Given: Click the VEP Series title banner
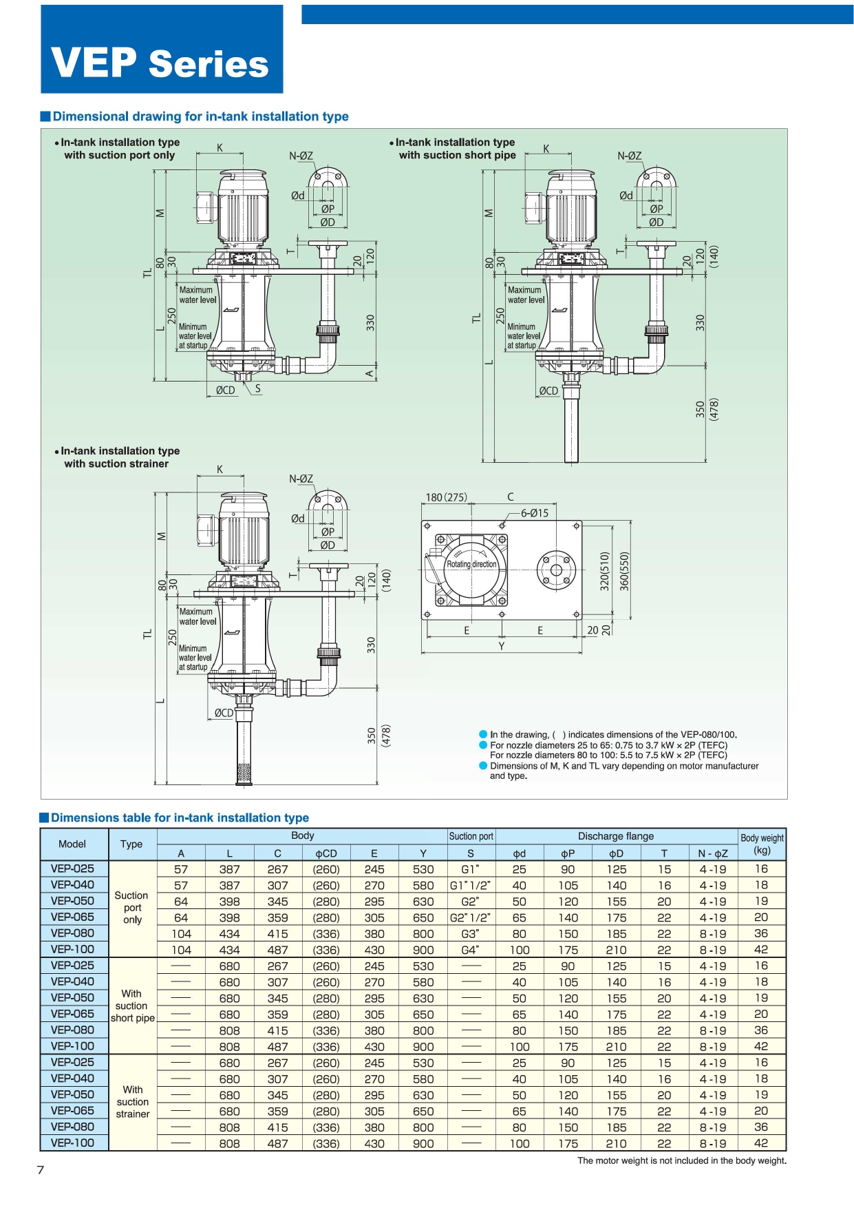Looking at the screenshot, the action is click(162, 50).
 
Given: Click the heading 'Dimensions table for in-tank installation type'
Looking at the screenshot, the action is click(180, 818).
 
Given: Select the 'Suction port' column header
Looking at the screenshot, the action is click(471, 836).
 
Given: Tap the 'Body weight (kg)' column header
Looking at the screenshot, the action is click(762, 844).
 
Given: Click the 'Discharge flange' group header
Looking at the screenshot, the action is click(616, 836).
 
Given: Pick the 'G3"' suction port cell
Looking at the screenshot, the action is click(471, 934).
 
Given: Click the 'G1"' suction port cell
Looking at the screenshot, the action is click(471, 869).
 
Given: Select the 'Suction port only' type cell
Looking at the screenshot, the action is click(131, 908).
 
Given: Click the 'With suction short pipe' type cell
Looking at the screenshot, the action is click(132, 1006).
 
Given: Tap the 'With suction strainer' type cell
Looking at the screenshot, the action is click(133, 1102).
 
